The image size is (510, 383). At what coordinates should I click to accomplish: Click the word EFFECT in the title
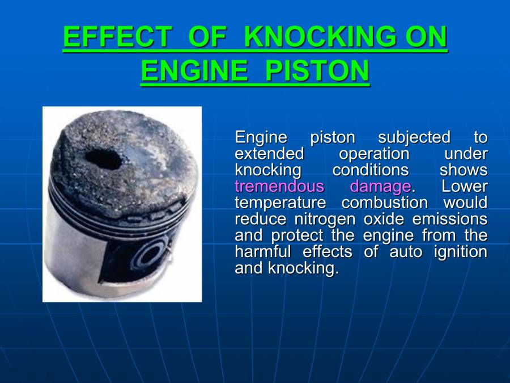(117, 37)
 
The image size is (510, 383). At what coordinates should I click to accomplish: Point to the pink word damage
(380, 186)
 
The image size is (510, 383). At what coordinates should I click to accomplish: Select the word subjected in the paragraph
(414, 137)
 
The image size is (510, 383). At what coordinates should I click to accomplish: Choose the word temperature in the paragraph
(280, 203)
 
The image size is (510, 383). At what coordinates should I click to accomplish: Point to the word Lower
(465, 186)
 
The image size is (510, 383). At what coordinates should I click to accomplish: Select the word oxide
(386, 219)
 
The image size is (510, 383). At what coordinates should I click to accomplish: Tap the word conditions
(370, 170)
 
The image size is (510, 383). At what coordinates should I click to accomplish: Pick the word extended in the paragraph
(269, 154)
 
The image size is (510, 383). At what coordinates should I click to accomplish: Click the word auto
(405, 251)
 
